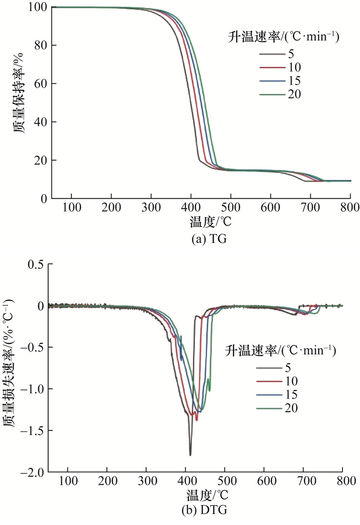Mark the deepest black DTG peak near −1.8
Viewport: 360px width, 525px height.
point(190,455)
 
